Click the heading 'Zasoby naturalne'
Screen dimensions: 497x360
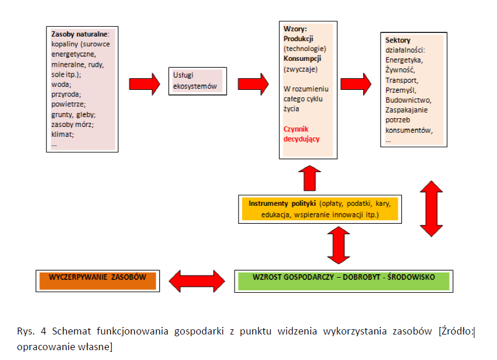[79, 34]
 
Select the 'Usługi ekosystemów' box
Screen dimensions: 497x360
[198, 81]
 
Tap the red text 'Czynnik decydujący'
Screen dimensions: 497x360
[301, 134]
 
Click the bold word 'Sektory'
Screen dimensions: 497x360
[398, 40]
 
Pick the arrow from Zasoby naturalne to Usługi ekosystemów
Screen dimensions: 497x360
[145, 84]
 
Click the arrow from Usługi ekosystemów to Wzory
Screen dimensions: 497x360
[253, 84]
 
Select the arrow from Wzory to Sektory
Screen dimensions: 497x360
[356, 84]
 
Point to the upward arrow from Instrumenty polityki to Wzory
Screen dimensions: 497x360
[309, 178]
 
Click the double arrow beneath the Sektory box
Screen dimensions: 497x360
[431, 209]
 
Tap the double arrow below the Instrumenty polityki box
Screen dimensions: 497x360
[338, 245]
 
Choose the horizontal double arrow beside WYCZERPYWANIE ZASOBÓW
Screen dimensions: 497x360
[197, 281]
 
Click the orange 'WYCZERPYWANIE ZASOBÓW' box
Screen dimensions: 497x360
[98, 281]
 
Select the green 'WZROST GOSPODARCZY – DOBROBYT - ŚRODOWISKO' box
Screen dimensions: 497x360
[343, 281]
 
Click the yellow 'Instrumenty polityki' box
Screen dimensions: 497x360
[320, 209]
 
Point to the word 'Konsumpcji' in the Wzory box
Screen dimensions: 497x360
[302, 59]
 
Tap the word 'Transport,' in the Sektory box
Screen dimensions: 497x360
[402, 80]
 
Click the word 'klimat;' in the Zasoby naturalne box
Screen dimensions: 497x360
[63, 134]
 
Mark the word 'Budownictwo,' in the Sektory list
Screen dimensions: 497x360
[408, 100]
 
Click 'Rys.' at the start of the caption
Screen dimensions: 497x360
[25, 331]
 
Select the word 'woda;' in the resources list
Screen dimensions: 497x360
[61, 85]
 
